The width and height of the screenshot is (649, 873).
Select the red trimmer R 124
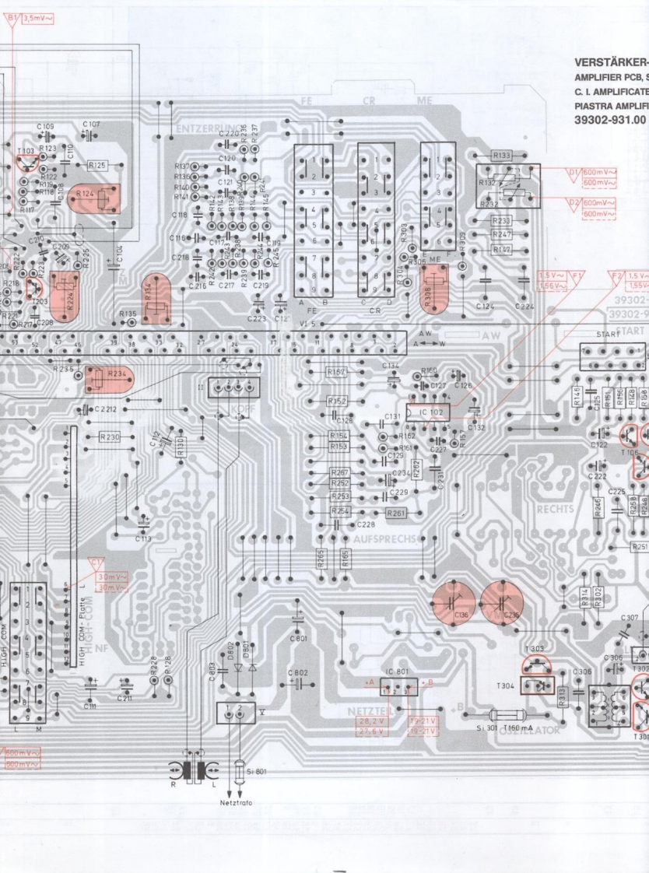(x=97, y=198)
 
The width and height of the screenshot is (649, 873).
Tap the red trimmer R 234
(x=108, y=379)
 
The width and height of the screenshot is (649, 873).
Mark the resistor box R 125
(x=97, y=165)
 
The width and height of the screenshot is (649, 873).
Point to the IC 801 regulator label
(x=396, y=671)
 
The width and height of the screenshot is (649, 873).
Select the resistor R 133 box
(x=502, y=155)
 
